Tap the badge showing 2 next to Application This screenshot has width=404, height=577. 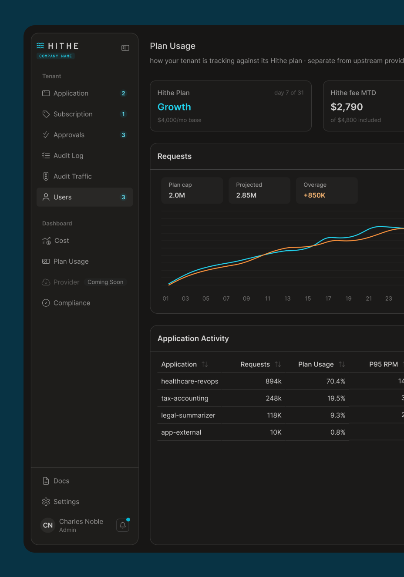[x=123, y=93]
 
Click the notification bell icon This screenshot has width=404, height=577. [x=123, y=525]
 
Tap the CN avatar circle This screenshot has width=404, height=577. [x=48, y=525]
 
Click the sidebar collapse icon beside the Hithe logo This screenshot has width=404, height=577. [x=125, y=48]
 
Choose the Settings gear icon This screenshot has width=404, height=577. [x=46, y=502]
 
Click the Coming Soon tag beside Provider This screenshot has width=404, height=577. [x=105, y=282]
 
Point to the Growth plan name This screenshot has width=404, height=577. [x=174, y=107]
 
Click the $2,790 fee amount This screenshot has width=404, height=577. [x=347, y=107]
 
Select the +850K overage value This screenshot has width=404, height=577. [x=314, y=195]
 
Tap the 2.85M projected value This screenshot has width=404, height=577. [x=246, y=195]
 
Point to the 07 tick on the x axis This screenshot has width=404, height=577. [x=226, y=299]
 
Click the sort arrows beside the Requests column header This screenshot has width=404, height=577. [x=277, y=364]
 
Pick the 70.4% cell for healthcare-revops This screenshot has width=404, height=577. [x=336, y=381]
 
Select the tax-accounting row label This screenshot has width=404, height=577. [x=185, y=398]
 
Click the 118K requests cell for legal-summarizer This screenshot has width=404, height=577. [x=274, y=415]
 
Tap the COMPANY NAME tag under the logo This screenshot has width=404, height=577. [x=56, y=56]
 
